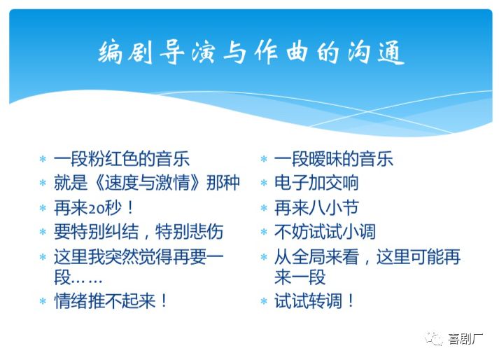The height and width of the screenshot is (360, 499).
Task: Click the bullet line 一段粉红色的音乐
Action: [122, 158]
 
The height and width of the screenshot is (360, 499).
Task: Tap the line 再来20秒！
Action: [94, 207]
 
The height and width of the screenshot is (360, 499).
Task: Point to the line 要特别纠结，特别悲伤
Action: [139, 231]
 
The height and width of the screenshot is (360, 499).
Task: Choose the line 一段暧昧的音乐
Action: [334, 158]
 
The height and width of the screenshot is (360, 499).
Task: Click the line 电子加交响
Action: [316, 183]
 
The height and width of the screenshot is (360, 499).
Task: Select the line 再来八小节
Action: [316, 207]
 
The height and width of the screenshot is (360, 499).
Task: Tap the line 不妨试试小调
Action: [325, 232]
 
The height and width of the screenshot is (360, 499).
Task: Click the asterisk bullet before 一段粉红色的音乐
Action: [43, 160]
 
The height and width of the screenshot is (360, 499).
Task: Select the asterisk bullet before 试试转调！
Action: [264, 303]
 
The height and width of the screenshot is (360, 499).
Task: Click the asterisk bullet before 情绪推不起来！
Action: [43, 303]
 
